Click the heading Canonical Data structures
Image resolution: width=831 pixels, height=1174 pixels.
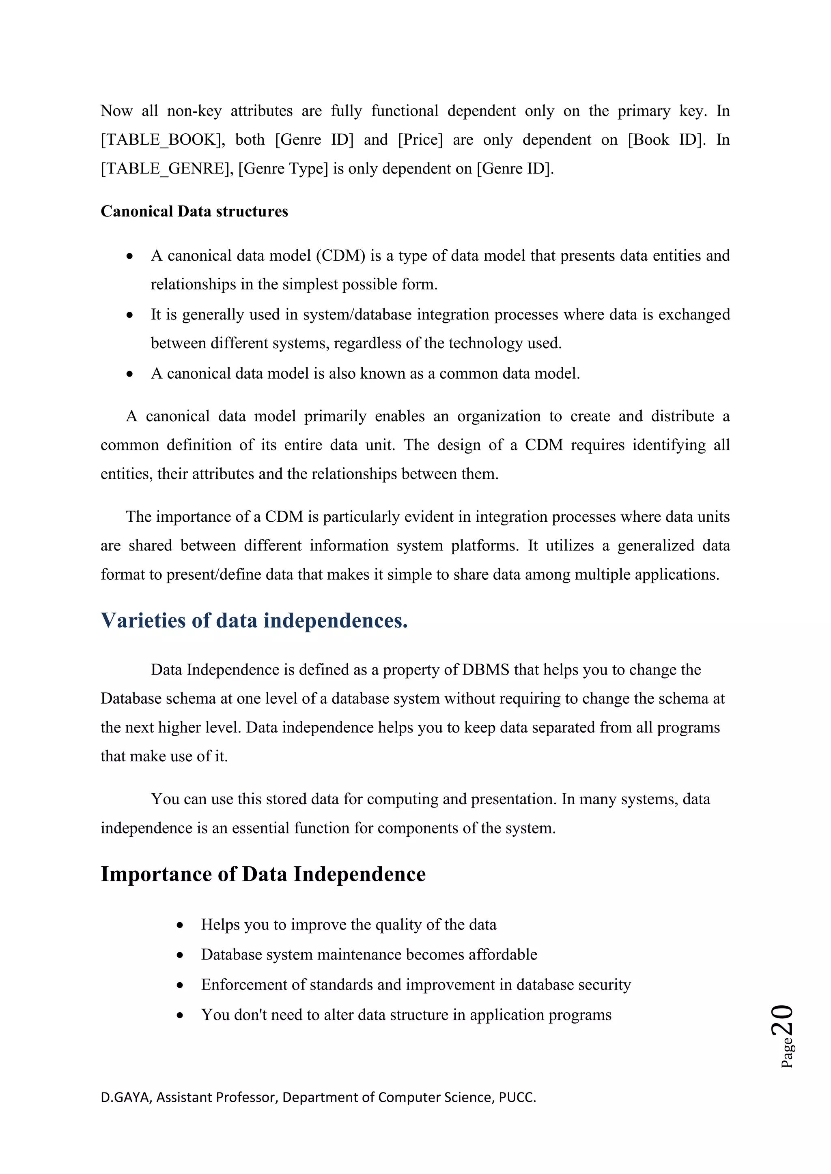pyautogui.click(x=194, y=211)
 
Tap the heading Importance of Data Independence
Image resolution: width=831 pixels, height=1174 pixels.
pyautogui.click(x=263, y=874)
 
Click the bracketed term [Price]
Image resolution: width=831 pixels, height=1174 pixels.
pyautogui.click(x=420, y=139)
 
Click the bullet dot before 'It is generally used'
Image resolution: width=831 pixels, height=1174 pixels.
pyautogui.click(x=130, y=315)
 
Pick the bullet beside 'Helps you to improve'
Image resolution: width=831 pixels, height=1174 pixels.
pyautogui.click(x=180, y=925)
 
